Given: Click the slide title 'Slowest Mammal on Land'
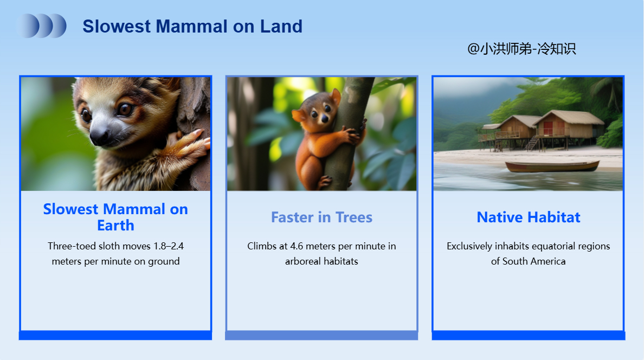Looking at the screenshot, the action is (192, 27).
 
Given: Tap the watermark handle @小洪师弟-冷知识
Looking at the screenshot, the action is (521, 49).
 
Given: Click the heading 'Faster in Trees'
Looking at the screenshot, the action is (321, 217).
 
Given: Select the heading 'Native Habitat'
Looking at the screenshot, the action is (528, 217).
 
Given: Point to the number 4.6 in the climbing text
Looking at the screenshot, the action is (297, 246).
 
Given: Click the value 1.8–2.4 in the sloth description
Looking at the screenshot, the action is (169, 246).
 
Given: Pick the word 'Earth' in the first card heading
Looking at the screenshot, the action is (115, 225).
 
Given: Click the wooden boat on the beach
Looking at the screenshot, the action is (552, 166).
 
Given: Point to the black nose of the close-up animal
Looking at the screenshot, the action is (99, 137).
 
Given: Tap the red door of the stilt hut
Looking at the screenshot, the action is (548, 128).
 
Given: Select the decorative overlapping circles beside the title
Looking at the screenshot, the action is (41, 26).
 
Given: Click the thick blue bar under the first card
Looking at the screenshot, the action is (115, 336).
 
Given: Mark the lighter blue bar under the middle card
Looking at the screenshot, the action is (321, 336).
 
